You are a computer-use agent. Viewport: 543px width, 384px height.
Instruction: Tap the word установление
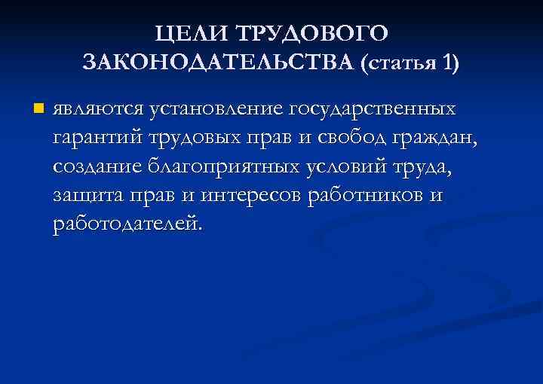pyautogui.click(x=216, y=110)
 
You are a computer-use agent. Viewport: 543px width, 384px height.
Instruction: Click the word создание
pyautogui.click(x=97, y=167)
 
